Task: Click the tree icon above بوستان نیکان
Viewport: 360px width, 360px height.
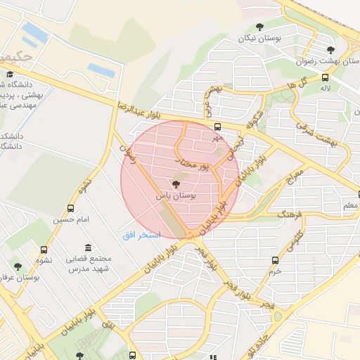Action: click(259, 27)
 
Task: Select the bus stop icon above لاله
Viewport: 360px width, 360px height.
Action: click(325, 77)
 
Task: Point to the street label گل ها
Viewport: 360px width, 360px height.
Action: click(296, 85)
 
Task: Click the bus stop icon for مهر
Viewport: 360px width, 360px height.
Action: click(217, 127)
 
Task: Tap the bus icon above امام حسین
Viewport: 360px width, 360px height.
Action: click(70, 208)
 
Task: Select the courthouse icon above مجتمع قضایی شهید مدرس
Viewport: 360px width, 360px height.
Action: click(88, 247)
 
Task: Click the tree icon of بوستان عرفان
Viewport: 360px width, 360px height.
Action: click(18, 266)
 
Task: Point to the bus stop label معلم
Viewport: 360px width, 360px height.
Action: click(349, 205)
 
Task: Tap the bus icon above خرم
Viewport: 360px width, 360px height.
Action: click(275, 260)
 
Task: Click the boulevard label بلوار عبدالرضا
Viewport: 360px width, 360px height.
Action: click(144, 106)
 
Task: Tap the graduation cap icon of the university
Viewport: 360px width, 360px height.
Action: click(10, 74)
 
